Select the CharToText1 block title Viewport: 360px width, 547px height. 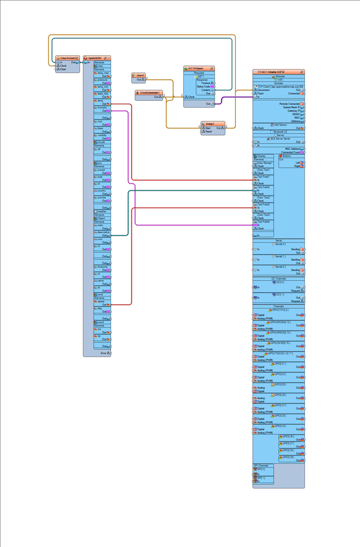point(67,58)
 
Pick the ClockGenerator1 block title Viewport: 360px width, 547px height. point(149,92)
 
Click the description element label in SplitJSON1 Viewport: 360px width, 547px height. point(104,232)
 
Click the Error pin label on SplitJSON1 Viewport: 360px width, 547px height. point(104,353)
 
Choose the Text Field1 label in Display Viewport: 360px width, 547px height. point(263,176)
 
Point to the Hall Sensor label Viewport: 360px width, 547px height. point(279,125)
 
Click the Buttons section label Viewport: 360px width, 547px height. point(289,156)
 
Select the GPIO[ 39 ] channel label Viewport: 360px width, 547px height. point(287,456)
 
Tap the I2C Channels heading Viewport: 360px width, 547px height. point(279,279)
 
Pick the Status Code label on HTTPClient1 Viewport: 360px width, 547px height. point(203,86)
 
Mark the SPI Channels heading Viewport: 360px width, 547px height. point(260,466)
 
